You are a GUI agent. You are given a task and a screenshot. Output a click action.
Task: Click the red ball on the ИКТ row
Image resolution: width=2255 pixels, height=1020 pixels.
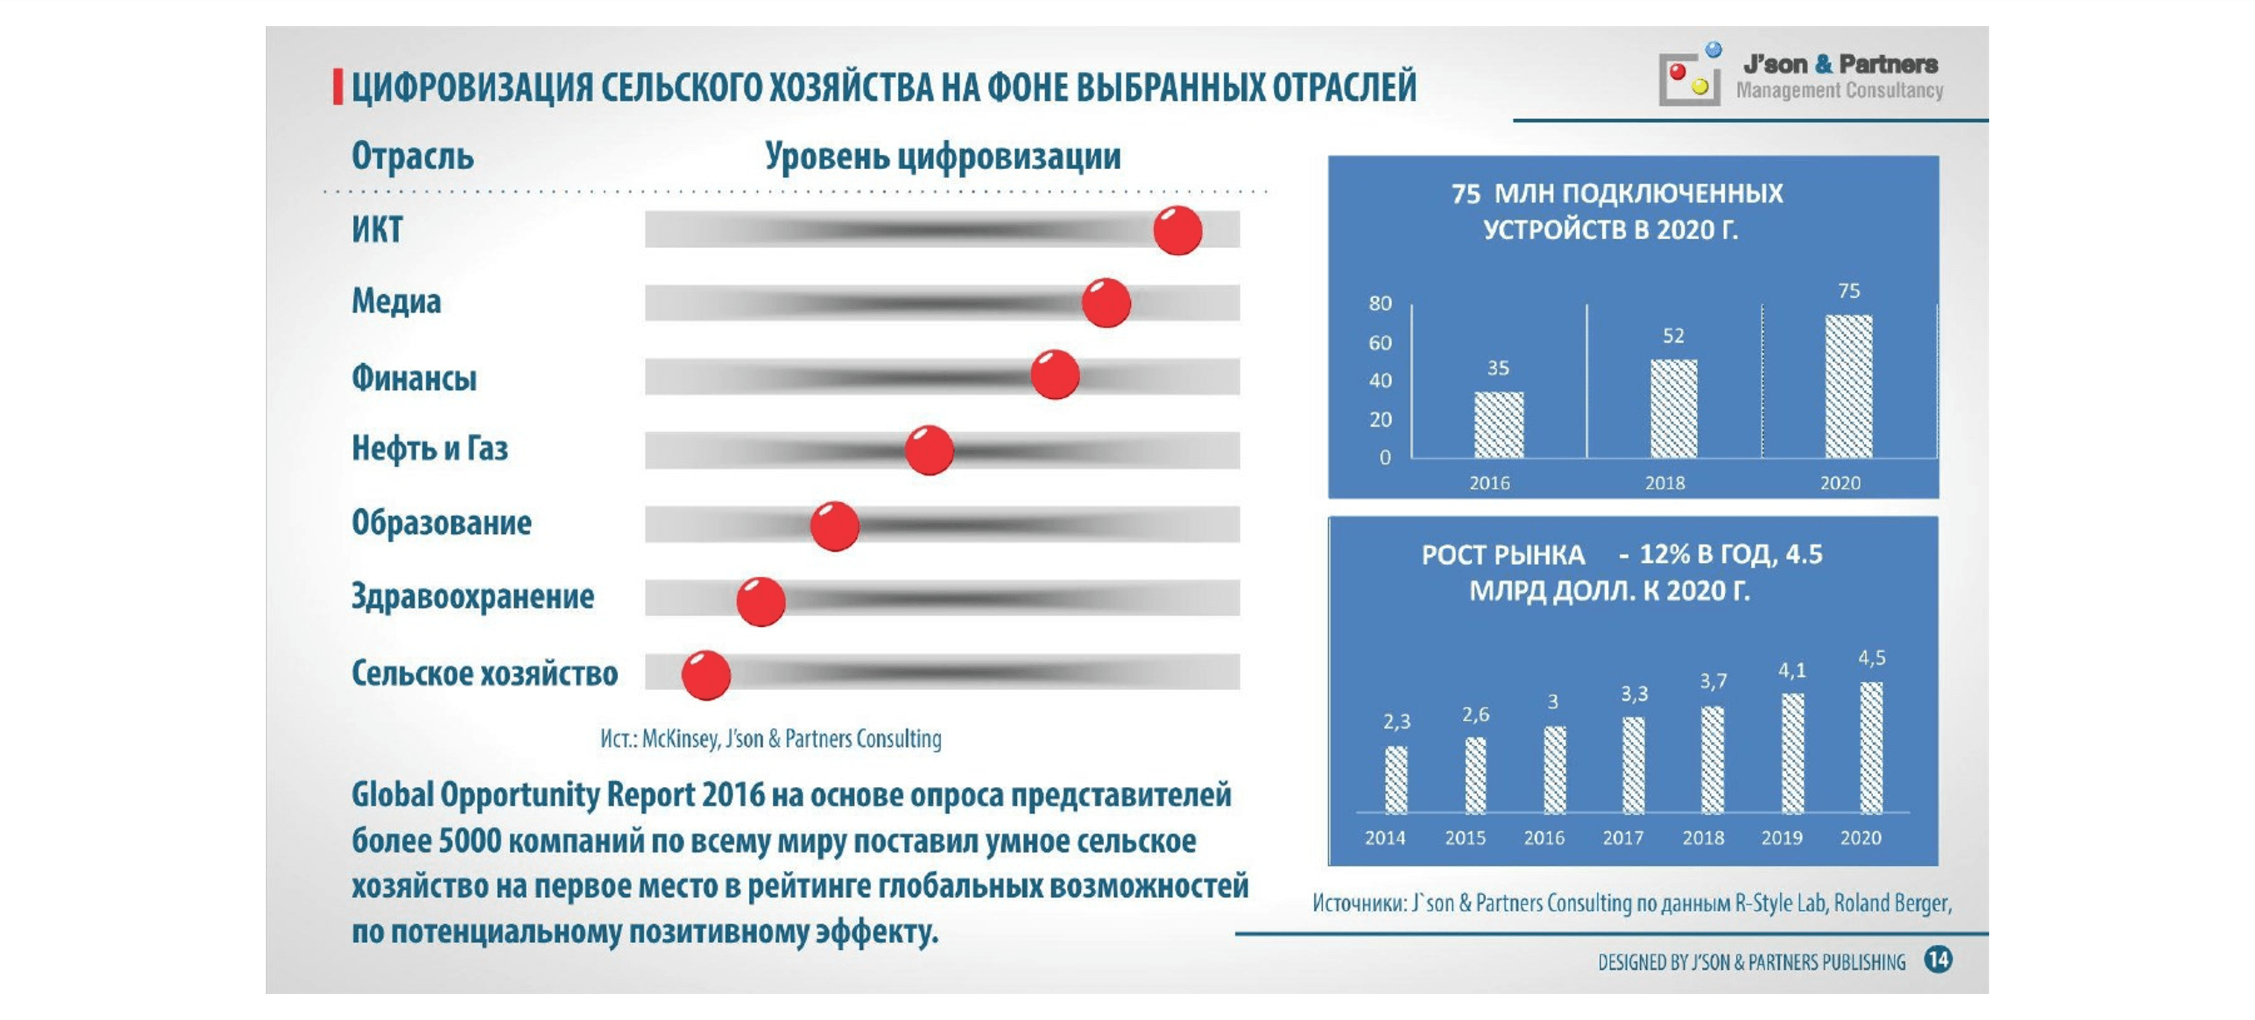point(1178,230)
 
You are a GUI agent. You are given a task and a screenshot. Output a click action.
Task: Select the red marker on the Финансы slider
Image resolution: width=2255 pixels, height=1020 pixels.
point(1054,374)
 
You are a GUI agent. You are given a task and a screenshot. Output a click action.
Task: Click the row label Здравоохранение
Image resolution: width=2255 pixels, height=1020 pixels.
point(473,597)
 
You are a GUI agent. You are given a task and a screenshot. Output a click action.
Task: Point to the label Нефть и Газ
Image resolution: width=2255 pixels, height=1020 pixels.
point(430,448)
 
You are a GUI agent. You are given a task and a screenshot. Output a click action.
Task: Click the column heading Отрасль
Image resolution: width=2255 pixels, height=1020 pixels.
point(412,156)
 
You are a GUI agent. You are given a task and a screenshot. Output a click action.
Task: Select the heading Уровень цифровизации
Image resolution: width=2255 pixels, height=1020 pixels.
point(942,156)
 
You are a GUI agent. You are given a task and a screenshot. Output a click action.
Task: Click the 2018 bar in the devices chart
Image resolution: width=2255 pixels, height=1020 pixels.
point(1673,408)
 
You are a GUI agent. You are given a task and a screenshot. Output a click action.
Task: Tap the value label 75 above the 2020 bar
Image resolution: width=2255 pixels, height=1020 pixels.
point(1848,290)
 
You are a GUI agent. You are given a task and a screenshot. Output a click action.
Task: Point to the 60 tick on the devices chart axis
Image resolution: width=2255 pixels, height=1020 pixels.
point(1380,342)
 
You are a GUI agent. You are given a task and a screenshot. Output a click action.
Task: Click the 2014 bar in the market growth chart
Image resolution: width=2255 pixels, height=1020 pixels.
point(1395,780)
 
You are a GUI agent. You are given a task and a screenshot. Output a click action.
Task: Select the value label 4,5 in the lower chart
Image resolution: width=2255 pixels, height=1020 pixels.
point(1872,657)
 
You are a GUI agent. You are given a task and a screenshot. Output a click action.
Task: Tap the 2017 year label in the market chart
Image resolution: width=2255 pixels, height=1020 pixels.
point(1623,838)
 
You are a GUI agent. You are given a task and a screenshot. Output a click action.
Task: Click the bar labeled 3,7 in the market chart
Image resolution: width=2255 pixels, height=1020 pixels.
point(1712,759)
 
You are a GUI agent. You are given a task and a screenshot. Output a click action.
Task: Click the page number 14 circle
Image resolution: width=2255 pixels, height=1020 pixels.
point(1937,960)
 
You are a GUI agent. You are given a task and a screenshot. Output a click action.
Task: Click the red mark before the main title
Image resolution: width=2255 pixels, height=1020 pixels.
point(338,88)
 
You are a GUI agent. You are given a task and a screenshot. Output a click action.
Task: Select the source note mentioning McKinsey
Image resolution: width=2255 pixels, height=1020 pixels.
point(771,739)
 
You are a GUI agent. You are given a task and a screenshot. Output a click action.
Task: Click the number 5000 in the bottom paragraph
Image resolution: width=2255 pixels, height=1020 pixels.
point(470,841)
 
